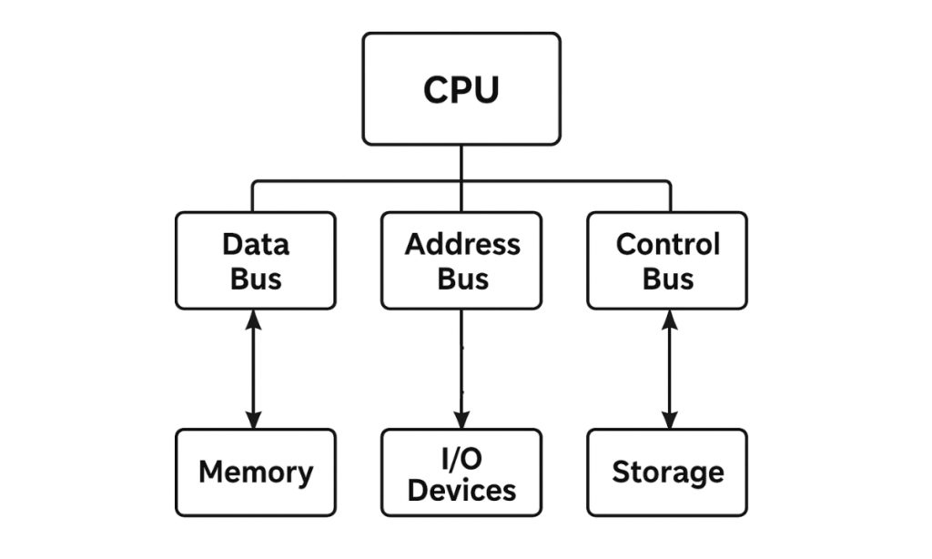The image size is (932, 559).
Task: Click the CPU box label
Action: pyautogui.click(x=461, y=89)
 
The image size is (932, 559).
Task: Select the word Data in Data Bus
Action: pyautogui.click(x=256, y=244)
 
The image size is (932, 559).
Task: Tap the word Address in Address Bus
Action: pyautogui.click(x=461, y=244)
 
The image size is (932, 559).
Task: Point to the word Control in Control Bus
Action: pyautogui.click(x=667, y=244)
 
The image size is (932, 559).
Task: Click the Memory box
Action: pyautogui.click(x=256, y=473)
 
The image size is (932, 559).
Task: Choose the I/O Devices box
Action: pyautogui.click(x=461, y=473)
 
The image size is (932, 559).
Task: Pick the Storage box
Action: pyautogui.click(x=667, y=473)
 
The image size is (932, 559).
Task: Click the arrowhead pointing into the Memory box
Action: pyautogui.click(x=254, y=420)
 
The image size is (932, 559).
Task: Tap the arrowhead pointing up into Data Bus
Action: pyautogui.click(x=254, y=319)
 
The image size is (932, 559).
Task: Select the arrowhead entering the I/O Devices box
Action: pyautogui.click(x=461, y=420)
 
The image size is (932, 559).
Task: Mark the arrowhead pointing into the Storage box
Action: pyautogui.click(x=670, y=420)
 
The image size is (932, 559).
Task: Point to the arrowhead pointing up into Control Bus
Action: pyautogui.click(x=670, y=319)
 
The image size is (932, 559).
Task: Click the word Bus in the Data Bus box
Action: pyautogui.click(x=256, y=279)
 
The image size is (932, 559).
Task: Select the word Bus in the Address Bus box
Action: pyautogui.click(x=461, y=279)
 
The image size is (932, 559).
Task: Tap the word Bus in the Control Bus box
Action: pyautogui.click(x=667, y=279)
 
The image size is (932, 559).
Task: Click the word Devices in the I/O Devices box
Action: pyautogui.click(x=461, y=491)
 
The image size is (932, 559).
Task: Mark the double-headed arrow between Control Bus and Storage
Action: pyautogui.click(x=670, y=369)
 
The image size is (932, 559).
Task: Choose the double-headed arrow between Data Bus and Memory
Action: pyautogui.click(x=254, y=369)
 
